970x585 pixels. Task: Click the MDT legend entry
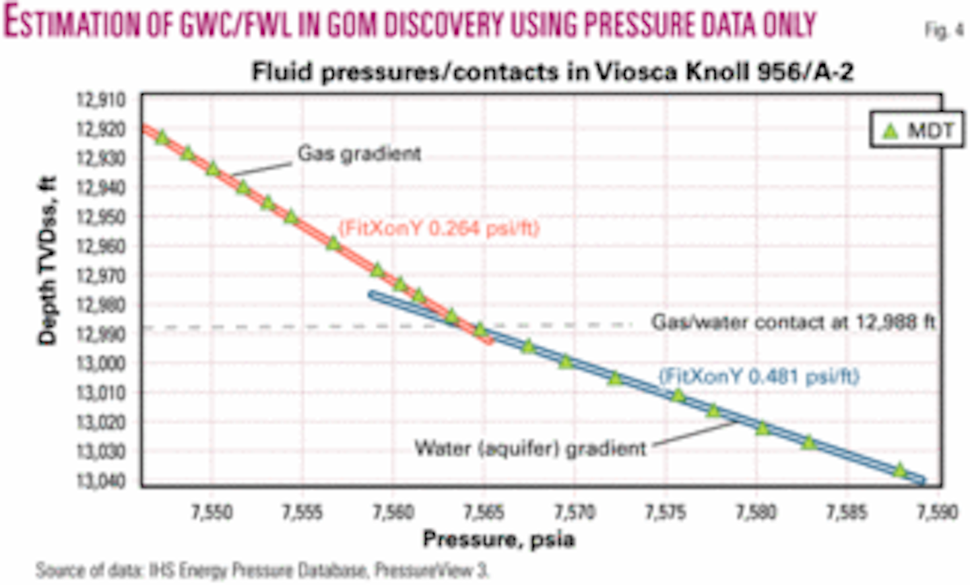(x=918, y=131)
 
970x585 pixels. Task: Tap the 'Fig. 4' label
(x=944, y=30)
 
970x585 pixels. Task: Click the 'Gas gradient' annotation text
(x=359, y=154)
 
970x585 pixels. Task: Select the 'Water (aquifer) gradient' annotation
(x=530, y=448)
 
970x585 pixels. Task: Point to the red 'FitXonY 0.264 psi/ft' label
(x=439, y=228)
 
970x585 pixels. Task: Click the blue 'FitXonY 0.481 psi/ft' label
(x=758, y=375)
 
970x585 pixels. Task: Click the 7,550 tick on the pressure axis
(x=212, y=512)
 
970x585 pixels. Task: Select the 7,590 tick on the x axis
(x=938, y=512)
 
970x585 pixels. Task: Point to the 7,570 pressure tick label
(x=575, y=512)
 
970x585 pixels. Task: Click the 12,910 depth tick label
(x=102, y=100)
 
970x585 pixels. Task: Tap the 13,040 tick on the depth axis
(x=102, y=481)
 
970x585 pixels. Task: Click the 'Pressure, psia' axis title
(x=498, y=540)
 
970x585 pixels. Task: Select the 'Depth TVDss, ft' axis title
(x=48, y=261)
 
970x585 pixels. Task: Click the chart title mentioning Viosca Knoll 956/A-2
(x=552, y=72)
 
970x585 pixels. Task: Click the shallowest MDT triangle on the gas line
(x=162, y=137)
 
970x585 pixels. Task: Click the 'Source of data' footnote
(x=262, y=570)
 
